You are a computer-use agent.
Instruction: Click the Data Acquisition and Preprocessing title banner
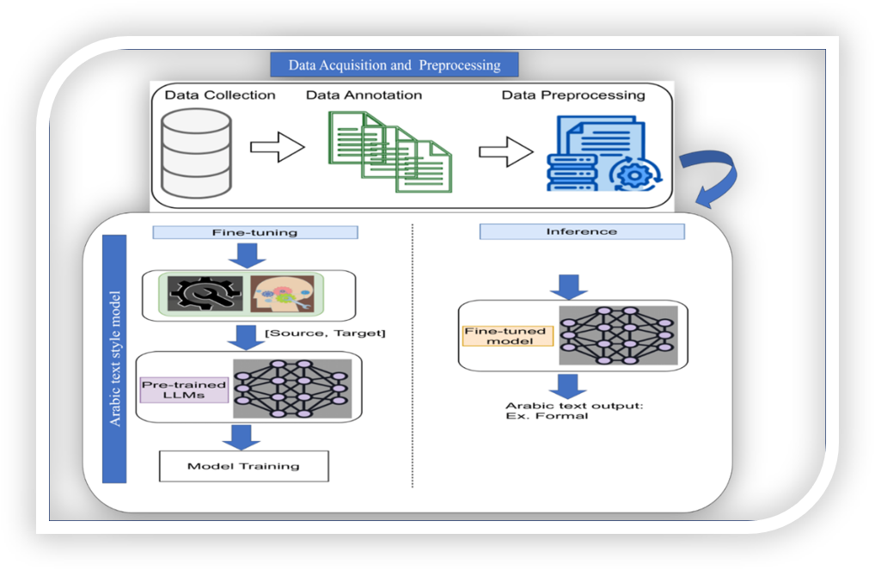coord(395,64)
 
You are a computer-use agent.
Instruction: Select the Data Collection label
coord(220,95)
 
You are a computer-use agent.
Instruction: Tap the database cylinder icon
coord(195,149)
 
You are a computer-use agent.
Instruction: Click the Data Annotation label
coord(364,95)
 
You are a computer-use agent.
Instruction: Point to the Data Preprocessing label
coord(573,95)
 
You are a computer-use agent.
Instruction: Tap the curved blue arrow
coord(711,179)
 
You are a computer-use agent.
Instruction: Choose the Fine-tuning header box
coord(254,232)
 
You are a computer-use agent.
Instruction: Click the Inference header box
coord(581,231)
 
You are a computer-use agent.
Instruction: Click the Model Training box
coord(243,466)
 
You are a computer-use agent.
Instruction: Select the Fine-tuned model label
coord(505,335)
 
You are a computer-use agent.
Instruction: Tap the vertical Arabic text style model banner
coord(114,359)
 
